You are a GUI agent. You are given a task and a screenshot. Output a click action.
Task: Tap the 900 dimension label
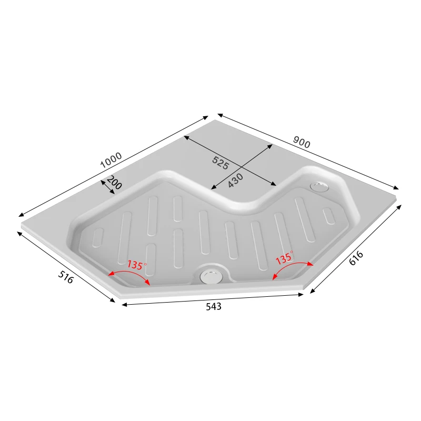point(302,142)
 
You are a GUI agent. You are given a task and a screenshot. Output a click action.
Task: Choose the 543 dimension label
point(213,306)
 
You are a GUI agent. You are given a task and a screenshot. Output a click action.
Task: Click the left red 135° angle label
point(135,265)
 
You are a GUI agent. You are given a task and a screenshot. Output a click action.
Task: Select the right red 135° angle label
point(284,258)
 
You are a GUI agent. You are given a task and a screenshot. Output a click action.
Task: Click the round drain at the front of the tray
point(211,275)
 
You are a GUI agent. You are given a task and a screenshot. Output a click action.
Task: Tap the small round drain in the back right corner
point(319,186)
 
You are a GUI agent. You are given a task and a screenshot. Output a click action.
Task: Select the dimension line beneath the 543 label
point(213,298)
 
